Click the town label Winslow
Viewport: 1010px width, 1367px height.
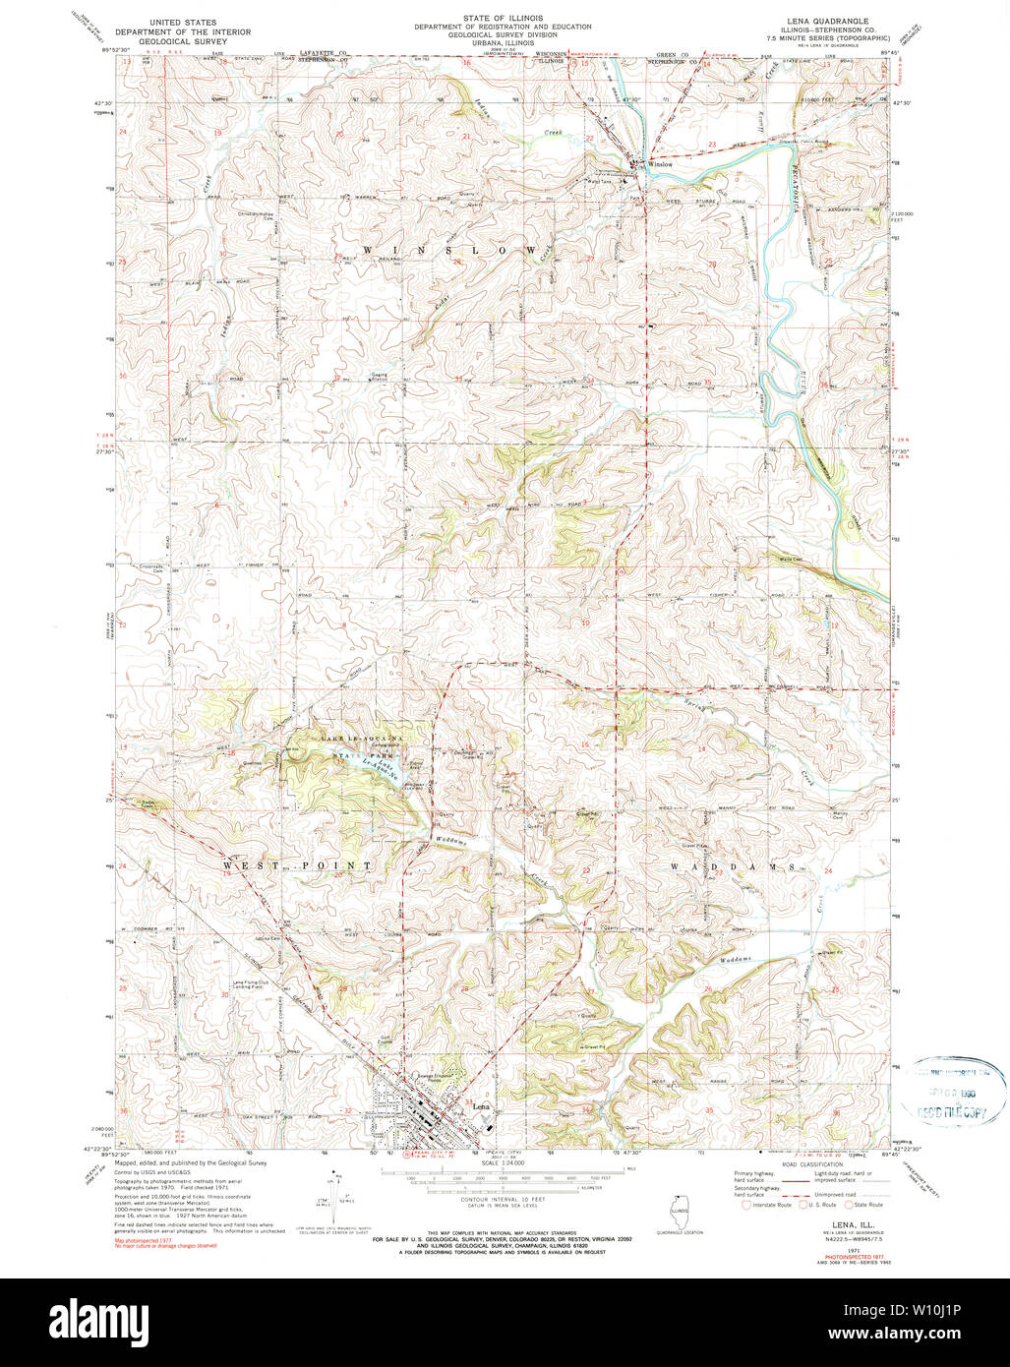tap(660, 164)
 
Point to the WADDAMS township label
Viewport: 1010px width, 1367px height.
tap(732, 868)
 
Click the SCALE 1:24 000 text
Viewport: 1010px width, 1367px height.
tap(505, 1164)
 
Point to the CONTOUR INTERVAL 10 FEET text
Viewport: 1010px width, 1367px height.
tap(505, 1200)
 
